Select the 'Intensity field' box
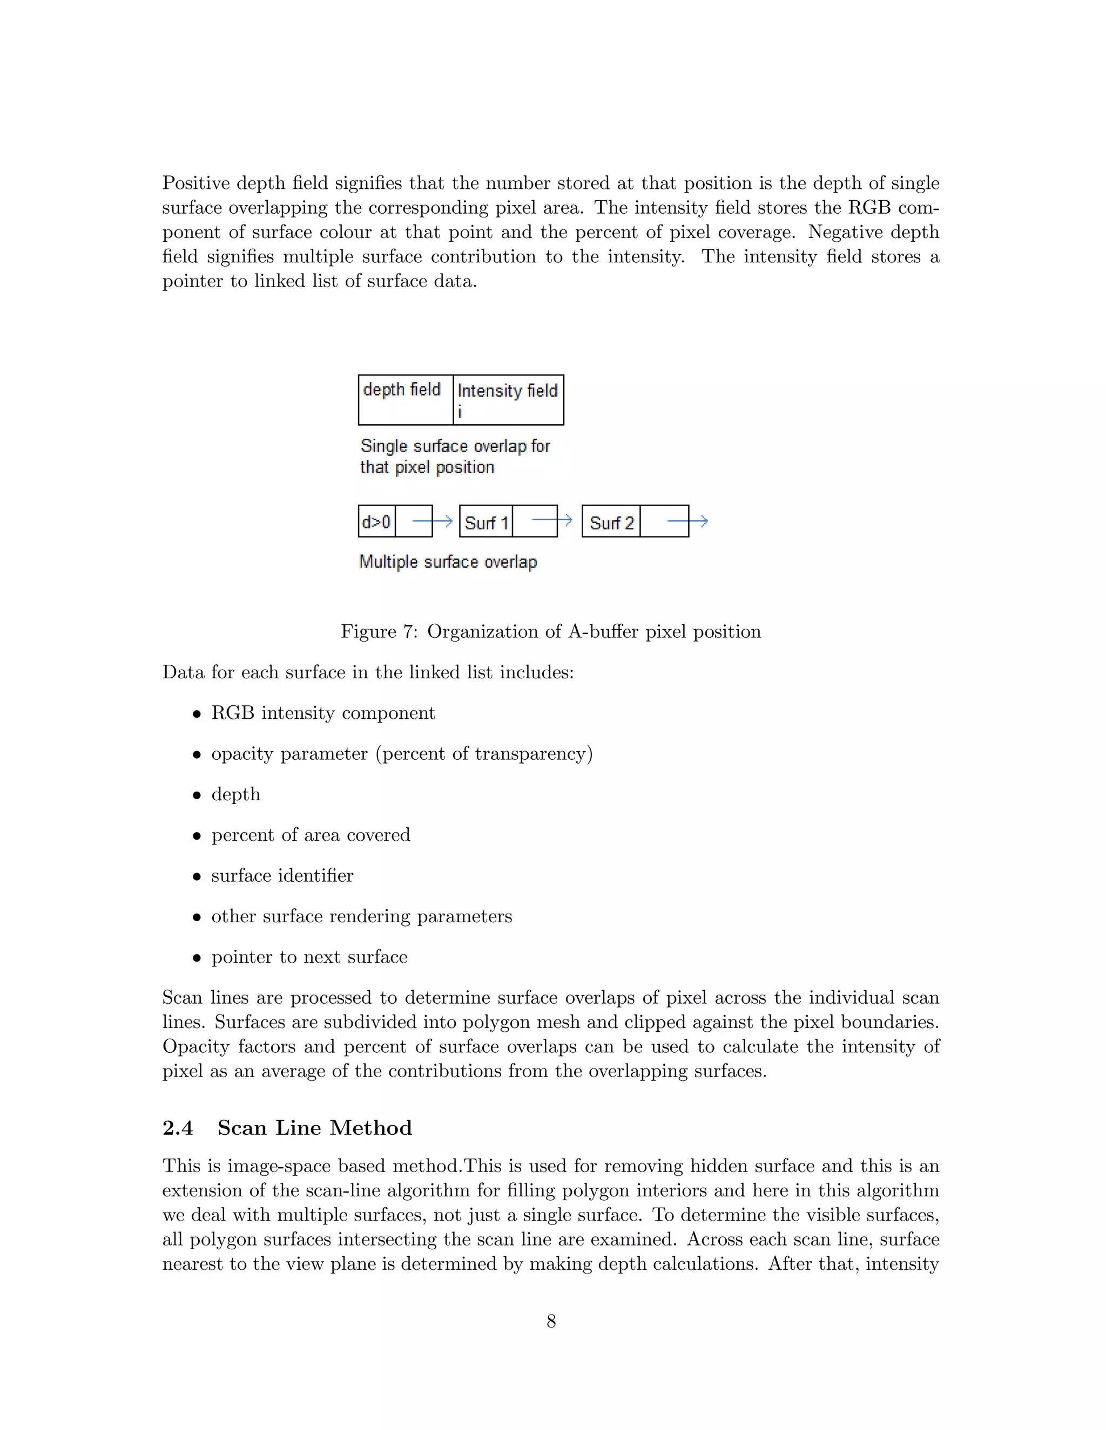click(508, 399)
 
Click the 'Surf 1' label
click(486, 523)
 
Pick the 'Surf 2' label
click(611, 523)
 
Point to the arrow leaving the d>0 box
click(433, 521)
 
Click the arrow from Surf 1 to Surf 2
click(552, 521)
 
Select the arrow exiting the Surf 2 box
click(687, 521)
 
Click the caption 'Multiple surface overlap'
click(448, 562)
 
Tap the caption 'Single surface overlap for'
click(455, 447)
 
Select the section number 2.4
click(178, 1127)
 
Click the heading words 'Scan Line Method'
click(314, 1127)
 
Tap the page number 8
click(551, 1322)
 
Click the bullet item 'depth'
click(235, 794)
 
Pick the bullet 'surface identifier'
click(282, 875)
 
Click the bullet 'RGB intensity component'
click(323, 713)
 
